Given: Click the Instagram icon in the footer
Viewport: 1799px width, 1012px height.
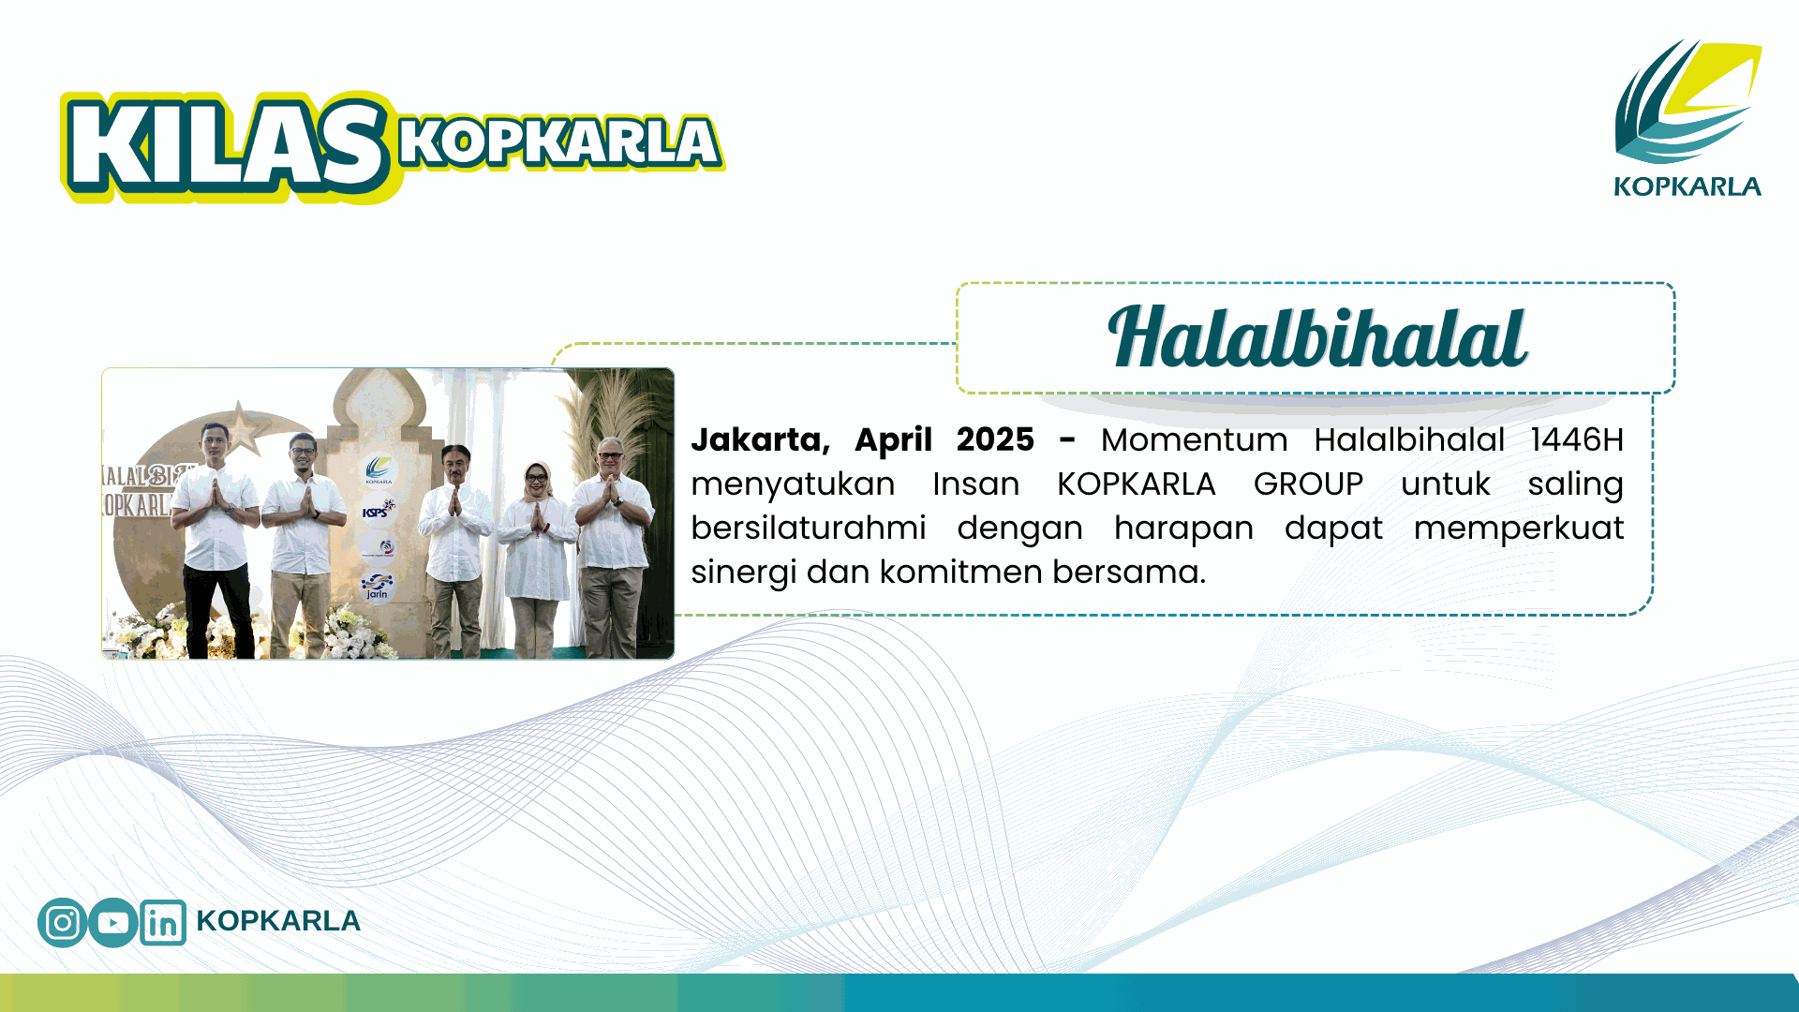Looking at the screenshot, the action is coord(63,922).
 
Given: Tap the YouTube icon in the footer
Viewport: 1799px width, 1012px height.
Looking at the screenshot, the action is coord(113,922).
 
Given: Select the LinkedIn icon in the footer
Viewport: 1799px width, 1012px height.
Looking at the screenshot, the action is coord(163,923).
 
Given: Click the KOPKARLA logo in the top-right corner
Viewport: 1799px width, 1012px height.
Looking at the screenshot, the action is coord(1687,118).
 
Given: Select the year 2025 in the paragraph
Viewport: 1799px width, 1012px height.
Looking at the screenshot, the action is coord(995,439).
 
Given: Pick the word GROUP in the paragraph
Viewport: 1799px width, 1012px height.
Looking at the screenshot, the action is coord(1308,484).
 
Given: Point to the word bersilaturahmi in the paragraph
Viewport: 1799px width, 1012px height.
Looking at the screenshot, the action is coord(809,528).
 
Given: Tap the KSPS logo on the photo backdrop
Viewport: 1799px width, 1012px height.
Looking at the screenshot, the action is coord(378,510).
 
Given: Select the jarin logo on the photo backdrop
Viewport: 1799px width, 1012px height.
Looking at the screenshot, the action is coord(377,587).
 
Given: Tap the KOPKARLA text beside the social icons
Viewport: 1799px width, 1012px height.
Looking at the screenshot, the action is coord(278,921).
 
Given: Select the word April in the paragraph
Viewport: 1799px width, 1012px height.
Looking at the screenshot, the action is coord(893,440).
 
